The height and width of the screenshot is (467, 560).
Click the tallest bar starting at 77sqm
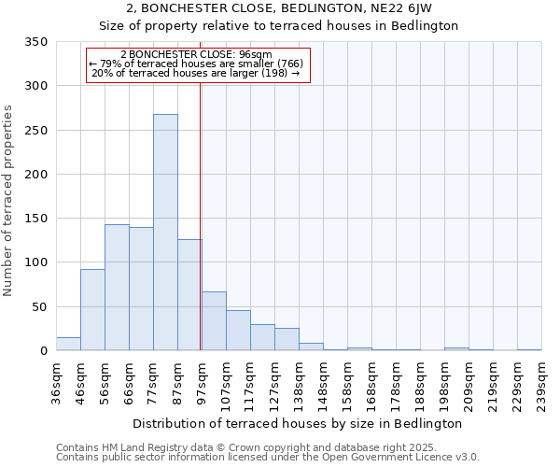[165, 233]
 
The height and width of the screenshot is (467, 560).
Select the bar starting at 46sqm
[92, 310]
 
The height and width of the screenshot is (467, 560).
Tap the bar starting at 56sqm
[117, 288]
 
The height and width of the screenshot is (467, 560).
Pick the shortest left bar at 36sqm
[68, 344]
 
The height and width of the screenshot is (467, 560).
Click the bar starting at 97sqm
[214, 321]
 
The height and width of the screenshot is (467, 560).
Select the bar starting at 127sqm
[287, 339]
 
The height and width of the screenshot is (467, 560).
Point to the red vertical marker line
[201, 215]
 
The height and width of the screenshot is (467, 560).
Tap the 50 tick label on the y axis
[39, 306]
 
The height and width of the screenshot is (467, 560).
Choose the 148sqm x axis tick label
[323, 382]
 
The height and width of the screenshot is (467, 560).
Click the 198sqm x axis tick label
[444, 382]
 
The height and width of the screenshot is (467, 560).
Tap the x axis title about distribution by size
[303, 423]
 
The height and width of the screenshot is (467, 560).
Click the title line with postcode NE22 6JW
[279, 8]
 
